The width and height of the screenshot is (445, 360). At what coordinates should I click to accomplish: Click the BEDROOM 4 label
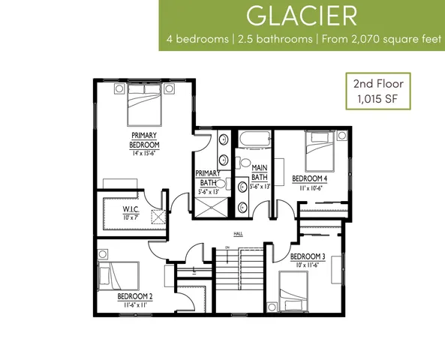(310, 178)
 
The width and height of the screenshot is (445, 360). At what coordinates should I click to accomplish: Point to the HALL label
(238, 234)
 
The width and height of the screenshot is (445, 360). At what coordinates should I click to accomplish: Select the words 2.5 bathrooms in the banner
(275, 39)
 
